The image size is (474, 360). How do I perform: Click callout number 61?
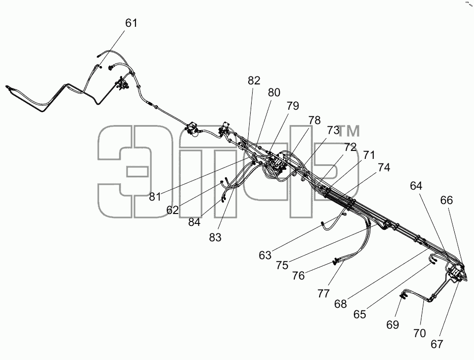131,23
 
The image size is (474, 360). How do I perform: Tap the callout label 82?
254,80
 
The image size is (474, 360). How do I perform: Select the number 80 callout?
274,92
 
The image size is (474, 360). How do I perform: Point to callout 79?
293,106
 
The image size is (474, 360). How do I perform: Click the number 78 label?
314,120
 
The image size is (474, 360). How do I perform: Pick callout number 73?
333,131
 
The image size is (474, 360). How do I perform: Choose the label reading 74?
384,167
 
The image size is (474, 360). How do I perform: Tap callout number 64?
416,185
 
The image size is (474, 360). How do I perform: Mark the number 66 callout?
447,200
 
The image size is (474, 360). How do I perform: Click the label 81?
155,197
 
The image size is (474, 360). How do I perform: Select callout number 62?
173,210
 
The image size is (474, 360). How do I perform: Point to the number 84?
194,222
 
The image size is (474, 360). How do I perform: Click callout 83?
215,237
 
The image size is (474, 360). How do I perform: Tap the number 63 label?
265,255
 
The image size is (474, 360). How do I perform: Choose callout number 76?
298,276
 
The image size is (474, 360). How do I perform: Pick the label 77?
324,293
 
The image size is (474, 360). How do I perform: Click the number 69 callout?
393,325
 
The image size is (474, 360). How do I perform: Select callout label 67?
437,344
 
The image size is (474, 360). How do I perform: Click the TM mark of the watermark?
349,131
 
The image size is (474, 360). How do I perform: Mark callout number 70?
419,333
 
